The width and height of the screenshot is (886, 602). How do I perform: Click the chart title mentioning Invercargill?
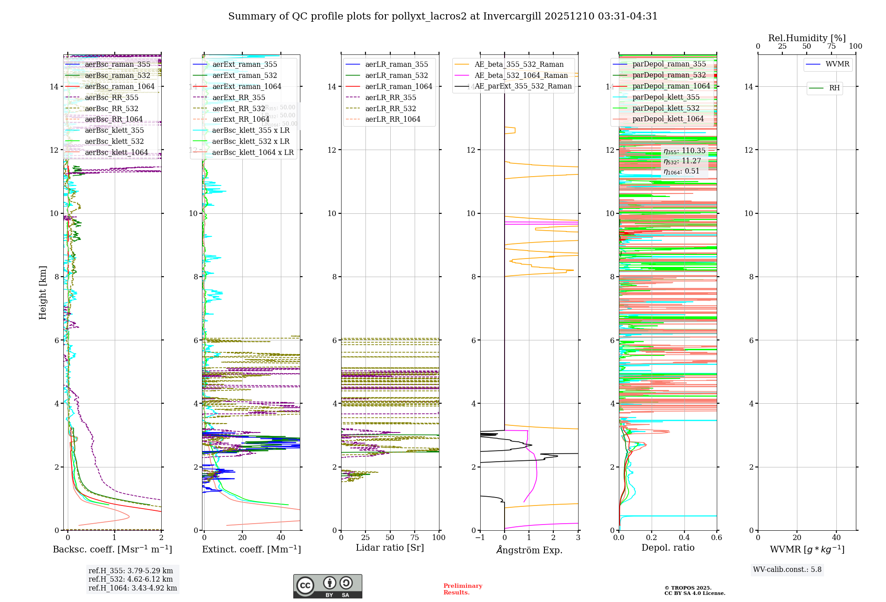pyautogui.click(x=443, y=16)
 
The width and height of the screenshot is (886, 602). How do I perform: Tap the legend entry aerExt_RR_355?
pyautogui.click(x=239, y=97)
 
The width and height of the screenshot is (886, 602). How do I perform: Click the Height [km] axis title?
pyautogui.click(x=43, y=292)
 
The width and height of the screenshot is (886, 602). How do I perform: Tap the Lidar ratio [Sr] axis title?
pyautogui.click(x=390, y=548)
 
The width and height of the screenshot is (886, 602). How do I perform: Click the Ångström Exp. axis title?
pyautogui.click(x=529, y=550)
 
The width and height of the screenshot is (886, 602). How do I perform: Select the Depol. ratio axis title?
pyautogui.click(x=668, y=548)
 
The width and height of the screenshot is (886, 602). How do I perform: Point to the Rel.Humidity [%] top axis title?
pyautogui.click(x=807, y=38)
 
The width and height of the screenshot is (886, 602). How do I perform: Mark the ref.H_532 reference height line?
pyautogui.click(x=131, y=579)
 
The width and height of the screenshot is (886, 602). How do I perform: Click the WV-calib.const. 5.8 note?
pyautogui.click(x=787, y=569)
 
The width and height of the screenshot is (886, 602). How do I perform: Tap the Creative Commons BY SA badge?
pyautogui.click(x=327, y=586)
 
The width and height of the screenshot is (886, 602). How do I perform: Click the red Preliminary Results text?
pyautogui.click(x=462, y=589)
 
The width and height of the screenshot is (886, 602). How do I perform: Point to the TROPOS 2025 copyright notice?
pyautogui.click(x=694, y=590)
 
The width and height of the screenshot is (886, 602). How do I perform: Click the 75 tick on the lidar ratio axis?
pyautogui.click(x=415, y=537)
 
